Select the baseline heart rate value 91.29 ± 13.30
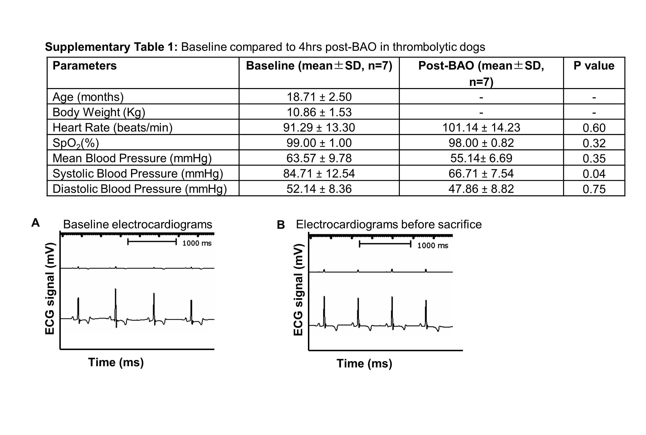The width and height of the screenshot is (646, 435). [319, 128]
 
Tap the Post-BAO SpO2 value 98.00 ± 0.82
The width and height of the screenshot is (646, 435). [481, 143]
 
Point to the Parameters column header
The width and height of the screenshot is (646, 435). [85, 66]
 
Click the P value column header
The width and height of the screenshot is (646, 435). [594, 66]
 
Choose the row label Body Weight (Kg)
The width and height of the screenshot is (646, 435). [99, 112]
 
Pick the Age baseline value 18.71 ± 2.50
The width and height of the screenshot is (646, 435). [319, 97]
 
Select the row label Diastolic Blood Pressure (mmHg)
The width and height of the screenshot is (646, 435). [140, 189]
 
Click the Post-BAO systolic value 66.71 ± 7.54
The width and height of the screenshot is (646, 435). [481, 174]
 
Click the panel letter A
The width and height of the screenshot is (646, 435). [36, 223]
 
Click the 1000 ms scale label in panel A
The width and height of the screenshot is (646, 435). [197, 243]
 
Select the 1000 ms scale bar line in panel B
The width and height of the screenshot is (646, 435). [385, 244]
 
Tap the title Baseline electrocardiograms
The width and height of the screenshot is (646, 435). [137, 225]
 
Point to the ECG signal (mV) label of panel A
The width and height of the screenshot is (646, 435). [50, 289]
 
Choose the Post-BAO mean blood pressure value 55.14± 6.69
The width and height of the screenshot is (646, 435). [481, 158]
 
